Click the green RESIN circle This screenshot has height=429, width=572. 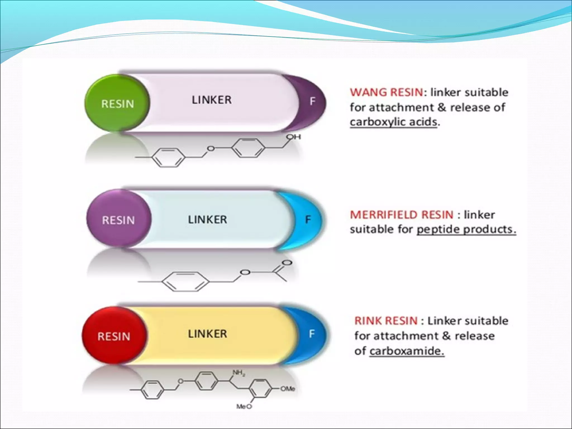click(117, 103)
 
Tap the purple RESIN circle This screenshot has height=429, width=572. click(118, 220)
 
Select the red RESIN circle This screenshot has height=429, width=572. click(114, 336)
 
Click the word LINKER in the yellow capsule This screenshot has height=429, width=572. click(207, 334)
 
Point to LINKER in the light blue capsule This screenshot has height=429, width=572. click(207, 220)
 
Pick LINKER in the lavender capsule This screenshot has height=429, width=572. click(211, 100)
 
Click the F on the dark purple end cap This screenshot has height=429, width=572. click(313, 101)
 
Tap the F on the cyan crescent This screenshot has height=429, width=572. click(308, 220)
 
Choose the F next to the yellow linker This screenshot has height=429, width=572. click(312, 334)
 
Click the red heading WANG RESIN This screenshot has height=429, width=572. click(387, 92)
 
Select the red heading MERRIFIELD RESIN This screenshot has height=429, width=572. click(401, 214)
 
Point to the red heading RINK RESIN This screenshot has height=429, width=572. click(386, 321)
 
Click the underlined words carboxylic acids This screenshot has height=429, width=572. click(393, 122)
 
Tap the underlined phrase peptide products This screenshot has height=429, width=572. click(466, 229)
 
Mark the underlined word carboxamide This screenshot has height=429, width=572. click(406, 351)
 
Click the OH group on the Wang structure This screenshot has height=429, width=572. click(294, 137)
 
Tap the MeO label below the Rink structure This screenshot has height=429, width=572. click(244, 407)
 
